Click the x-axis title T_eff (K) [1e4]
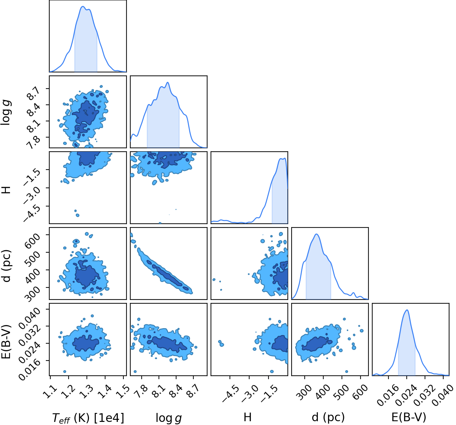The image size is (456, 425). point(88,418)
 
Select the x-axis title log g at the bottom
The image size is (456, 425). point(169,418)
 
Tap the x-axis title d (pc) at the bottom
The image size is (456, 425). point(328,417)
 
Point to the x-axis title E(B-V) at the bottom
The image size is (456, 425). point(409,417)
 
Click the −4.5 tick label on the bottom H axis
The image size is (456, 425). point(230,394)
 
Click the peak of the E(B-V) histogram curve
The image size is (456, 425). point(407,310)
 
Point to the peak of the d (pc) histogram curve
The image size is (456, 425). point(316,234)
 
